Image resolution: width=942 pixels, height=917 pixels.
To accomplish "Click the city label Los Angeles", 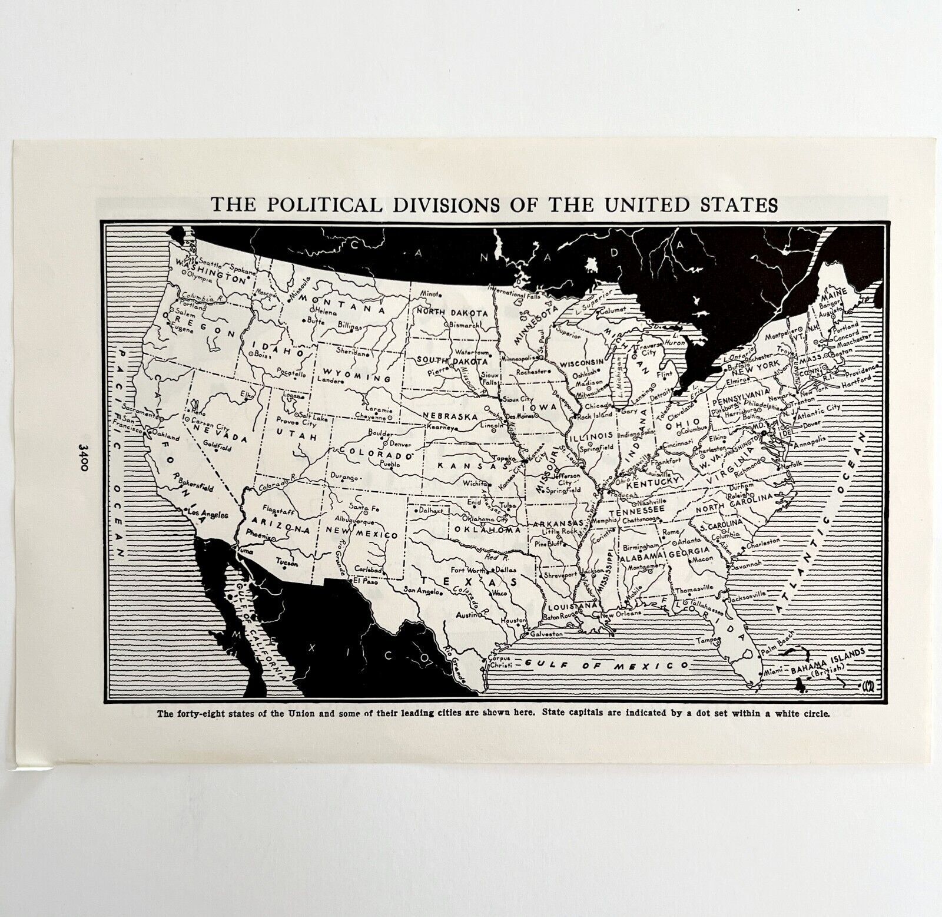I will (x=207, y=514).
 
